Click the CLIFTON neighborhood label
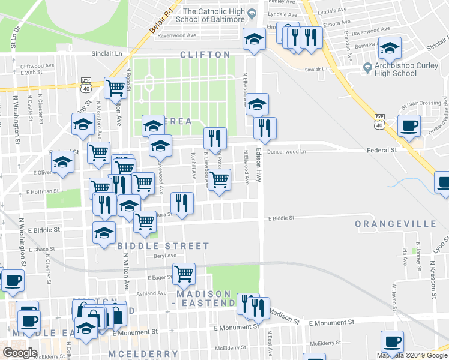tap(205, 55)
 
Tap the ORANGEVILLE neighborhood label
tap(395, 224)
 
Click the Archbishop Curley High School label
tap(395, 70)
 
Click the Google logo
tap(20, 353)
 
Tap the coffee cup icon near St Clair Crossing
tap(409, 126)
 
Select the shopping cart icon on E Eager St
tap(184, 274)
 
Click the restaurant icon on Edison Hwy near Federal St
tap(264, 128)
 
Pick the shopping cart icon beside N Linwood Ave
tap(219, 179)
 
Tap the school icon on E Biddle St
tap(104, 232)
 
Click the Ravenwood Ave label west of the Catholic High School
tap(177, 35)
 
